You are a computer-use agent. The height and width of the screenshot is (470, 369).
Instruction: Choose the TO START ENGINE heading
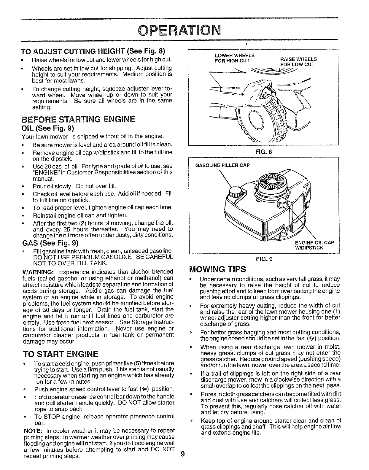(x=60, y=354)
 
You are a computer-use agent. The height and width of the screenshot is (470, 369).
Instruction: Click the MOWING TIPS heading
(x=217, y=269)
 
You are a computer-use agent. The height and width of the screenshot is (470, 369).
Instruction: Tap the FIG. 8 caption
(x=263, y=152)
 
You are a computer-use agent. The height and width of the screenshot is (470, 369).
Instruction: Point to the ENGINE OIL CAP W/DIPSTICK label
(x=314, y=245)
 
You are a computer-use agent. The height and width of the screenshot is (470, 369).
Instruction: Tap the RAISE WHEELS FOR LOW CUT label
(x=298, y=61)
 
